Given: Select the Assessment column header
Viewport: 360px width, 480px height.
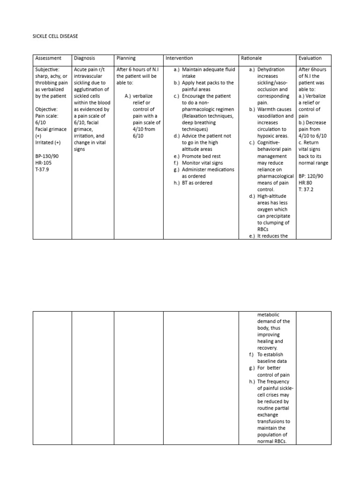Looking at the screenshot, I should coord(48,58).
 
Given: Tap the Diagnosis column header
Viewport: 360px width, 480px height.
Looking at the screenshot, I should coord(84,58).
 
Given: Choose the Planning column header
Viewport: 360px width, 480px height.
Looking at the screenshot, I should coord(126,58).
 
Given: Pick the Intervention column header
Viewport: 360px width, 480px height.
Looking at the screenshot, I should coord(179,58).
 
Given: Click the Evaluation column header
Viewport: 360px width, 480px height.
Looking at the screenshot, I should coord(310,58).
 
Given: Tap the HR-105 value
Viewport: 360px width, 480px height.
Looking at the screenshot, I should coord(43,163).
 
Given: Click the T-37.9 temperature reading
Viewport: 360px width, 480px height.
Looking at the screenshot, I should coord(42,169).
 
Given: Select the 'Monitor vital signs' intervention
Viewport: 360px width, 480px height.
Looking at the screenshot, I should coord(202,163).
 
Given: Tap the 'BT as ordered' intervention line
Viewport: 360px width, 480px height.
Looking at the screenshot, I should coord(197,183).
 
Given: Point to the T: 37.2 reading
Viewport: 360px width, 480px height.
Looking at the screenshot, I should coord(307,189).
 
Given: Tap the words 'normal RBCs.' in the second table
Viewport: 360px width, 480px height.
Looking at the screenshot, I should coord(271,441).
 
